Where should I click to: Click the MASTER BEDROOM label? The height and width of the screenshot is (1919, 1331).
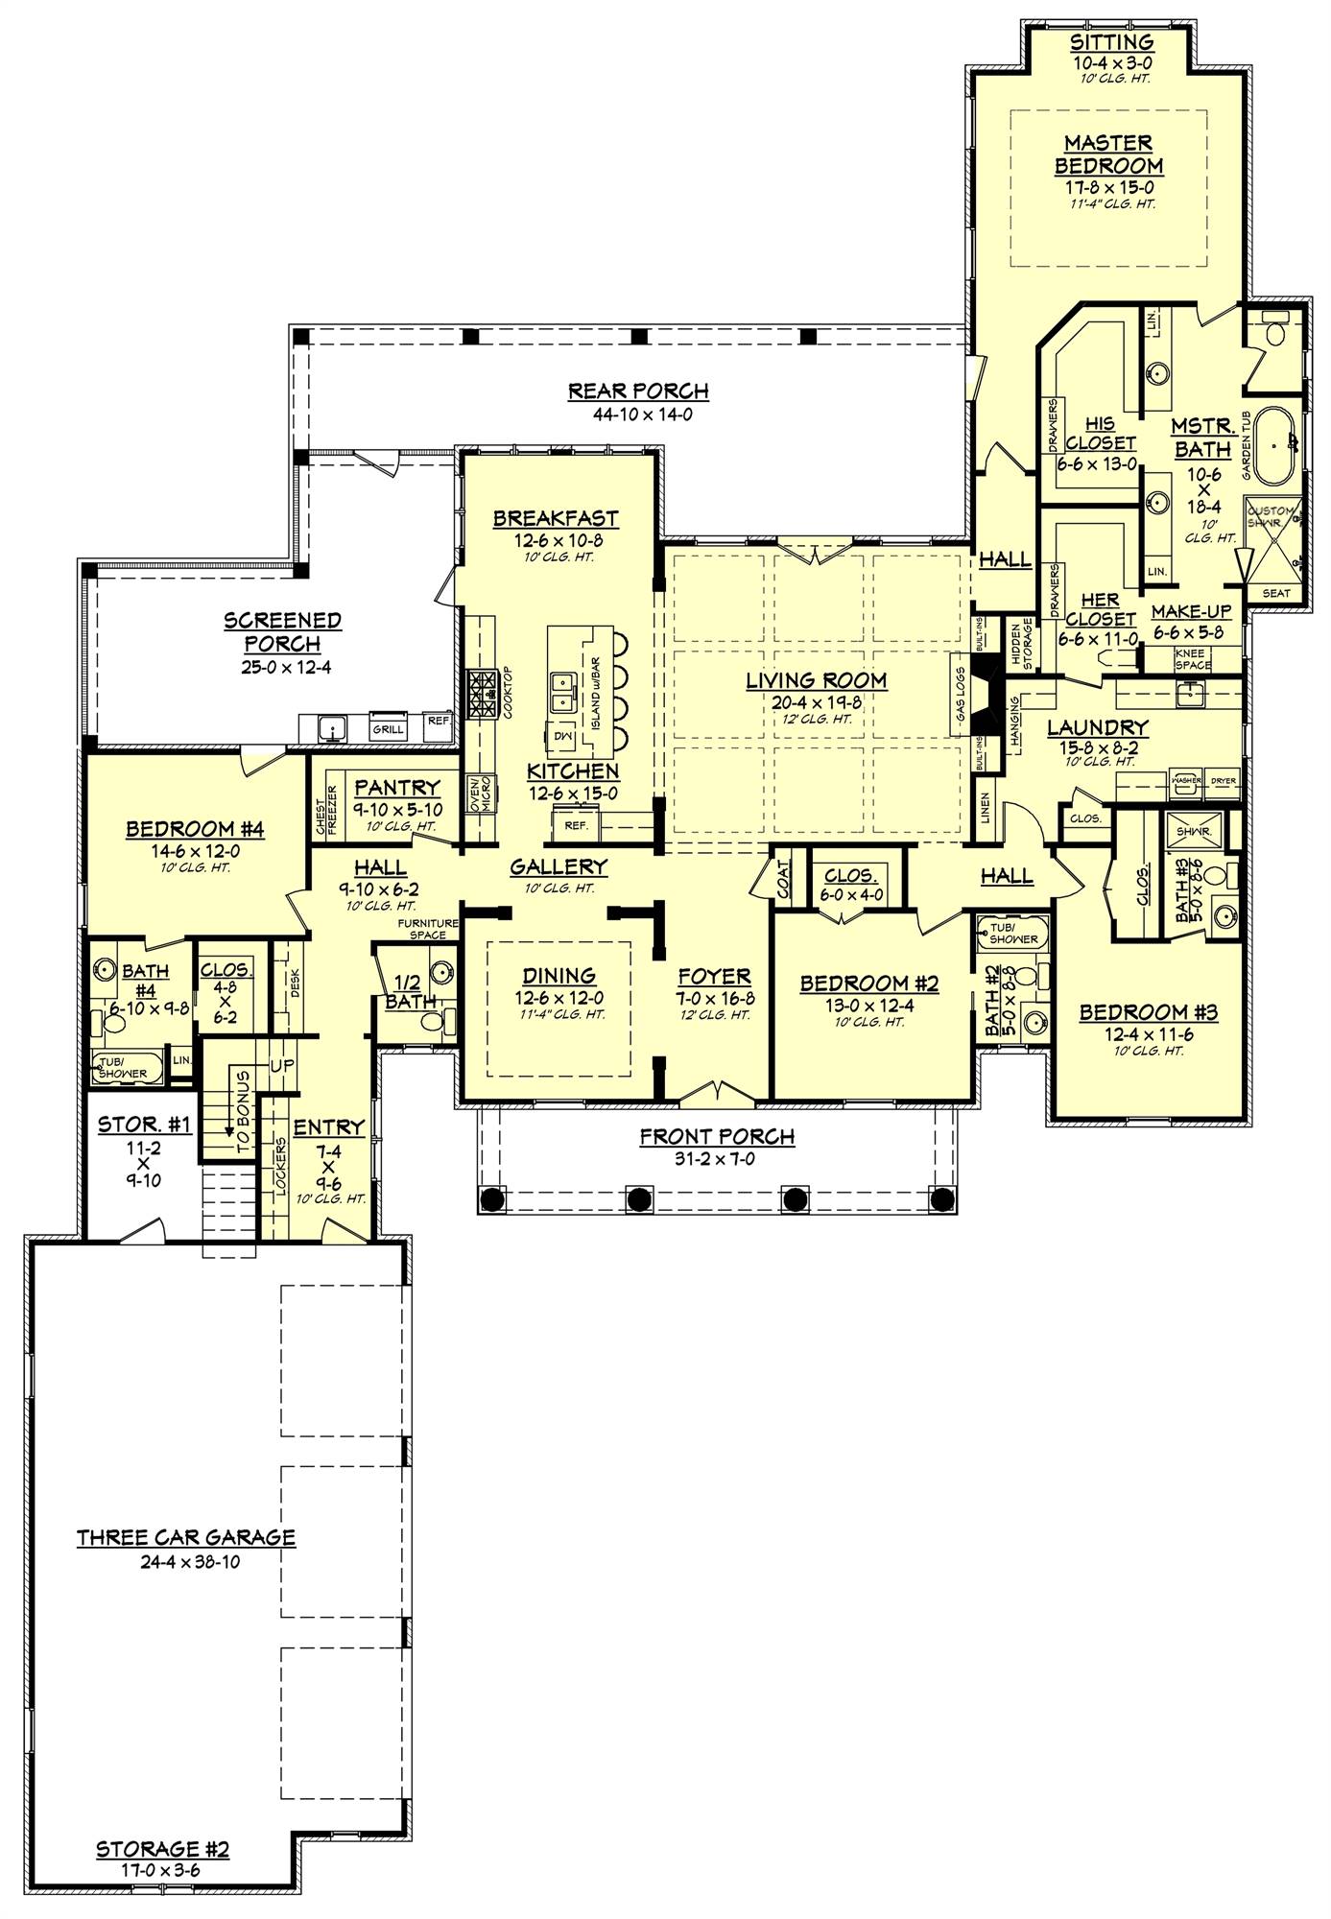click(x=1108, y=154)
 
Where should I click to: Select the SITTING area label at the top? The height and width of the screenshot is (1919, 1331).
click(x=1111, y=42)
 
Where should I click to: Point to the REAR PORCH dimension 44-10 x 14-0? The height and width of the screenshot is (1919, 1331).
click(x=638, y=415)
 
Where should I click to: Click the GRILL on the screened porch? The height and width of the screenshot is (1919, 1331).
click(x=388, y=729)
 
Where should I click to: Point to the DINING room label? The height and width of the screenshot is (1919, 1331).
click(x=559, y=976)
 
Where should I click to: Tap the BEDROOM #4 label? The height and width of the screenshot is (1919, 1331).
click(x=195, y=828)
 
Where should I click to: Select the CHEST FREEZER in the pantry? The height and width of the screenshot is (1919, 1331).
click(x=326, y=811)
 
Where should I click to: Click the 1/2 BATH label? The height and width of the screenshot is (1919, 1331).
click(x=408, y=992)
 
